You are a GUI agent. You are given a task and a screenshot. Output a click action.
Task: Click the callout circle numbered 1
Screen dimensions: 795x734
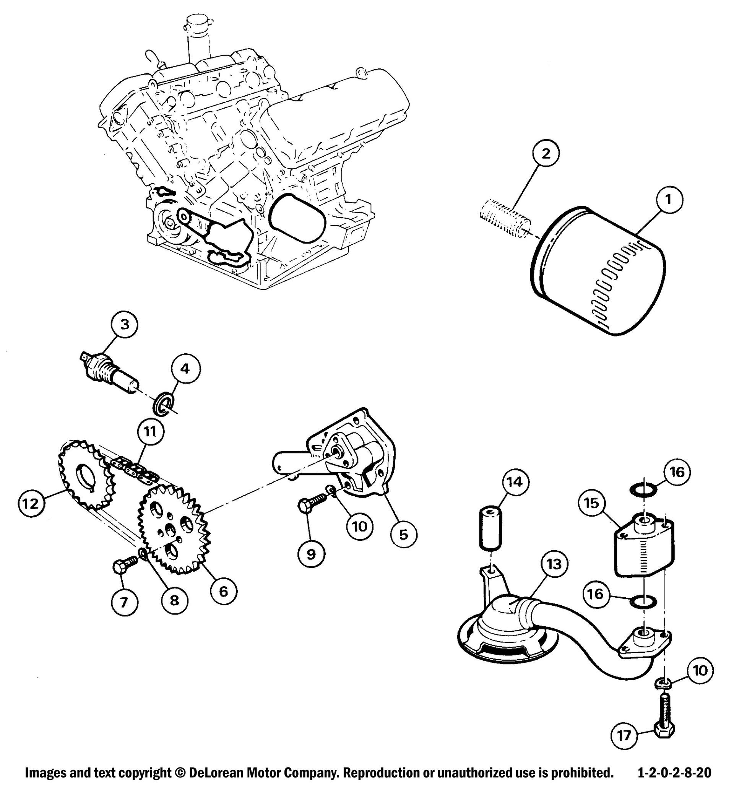(668, 200)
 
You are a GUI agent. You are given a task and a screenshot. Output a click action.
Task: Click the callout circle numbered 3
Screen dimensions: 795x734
(125, 325)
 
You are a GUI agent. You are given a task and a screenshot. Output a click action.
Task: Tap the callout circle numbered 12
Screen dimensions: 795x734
(31, 503)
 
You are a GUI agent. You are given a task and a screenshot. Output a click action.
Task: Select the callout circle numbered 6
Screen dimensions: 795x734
(223, 592)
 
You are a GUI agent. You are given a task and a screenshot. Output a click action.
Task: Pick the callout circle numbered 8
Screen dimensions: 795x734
(175, 600)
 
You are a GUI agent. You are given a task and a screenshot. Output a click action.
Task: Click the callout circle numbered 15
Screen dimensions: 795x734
(591, 503)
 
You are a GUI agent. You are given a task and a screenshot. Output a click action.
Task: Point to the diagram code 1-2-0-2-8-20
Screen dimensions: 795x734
(674, 773)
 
